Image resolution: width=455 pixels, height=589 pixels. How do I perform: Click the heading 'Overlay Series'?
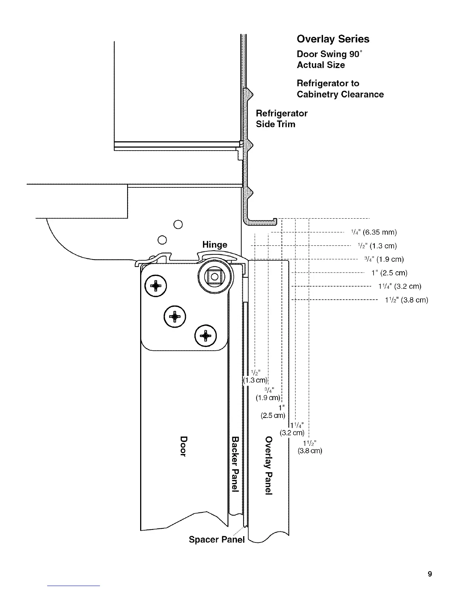pyautogui.click(x=333, y=39)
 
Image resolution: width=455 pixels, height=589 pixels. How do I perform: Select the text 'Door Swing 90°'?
pyautogui.click(x=329, y=54)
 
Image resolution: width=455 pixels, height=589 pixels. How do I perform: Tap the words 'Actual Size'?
pyautogui.click(x=320, y=65)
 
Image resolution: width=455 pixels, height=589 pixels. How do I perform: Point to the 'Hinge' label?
pyautogui.click(x=214, y=245)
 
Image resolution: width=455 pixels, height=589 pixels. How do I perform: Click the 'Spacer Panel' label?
pyautogui.click(x=217, y=540)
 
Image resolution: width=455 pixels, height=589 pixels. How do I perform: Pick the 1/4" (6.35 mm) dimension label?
pyautogui.click(x=374, y=232)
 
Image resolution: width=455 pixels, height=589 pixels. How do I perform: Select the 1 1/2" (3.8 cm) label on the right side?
pyautogui.click(x=406, y=300)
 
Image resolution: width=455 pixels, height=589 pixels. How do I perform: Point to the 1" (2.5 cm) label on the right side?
pyautogui.click(x=389, y=273)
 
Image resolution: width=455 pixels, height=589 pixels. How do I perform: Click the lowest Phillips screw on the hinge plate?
pyautogui.click(x=205, y=335)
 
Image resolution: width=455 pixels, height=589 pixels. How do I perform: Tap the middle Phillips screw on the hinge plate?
pyautogui.click(x=175, y=316)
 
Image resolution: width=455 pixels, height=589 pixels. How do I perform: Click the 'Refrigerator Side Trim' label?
pyautogui.click(x=281, y=119)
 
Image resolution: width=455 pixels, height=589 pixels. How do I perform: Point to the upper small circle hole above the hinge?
pyautogui.click(x=178, y=224)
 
